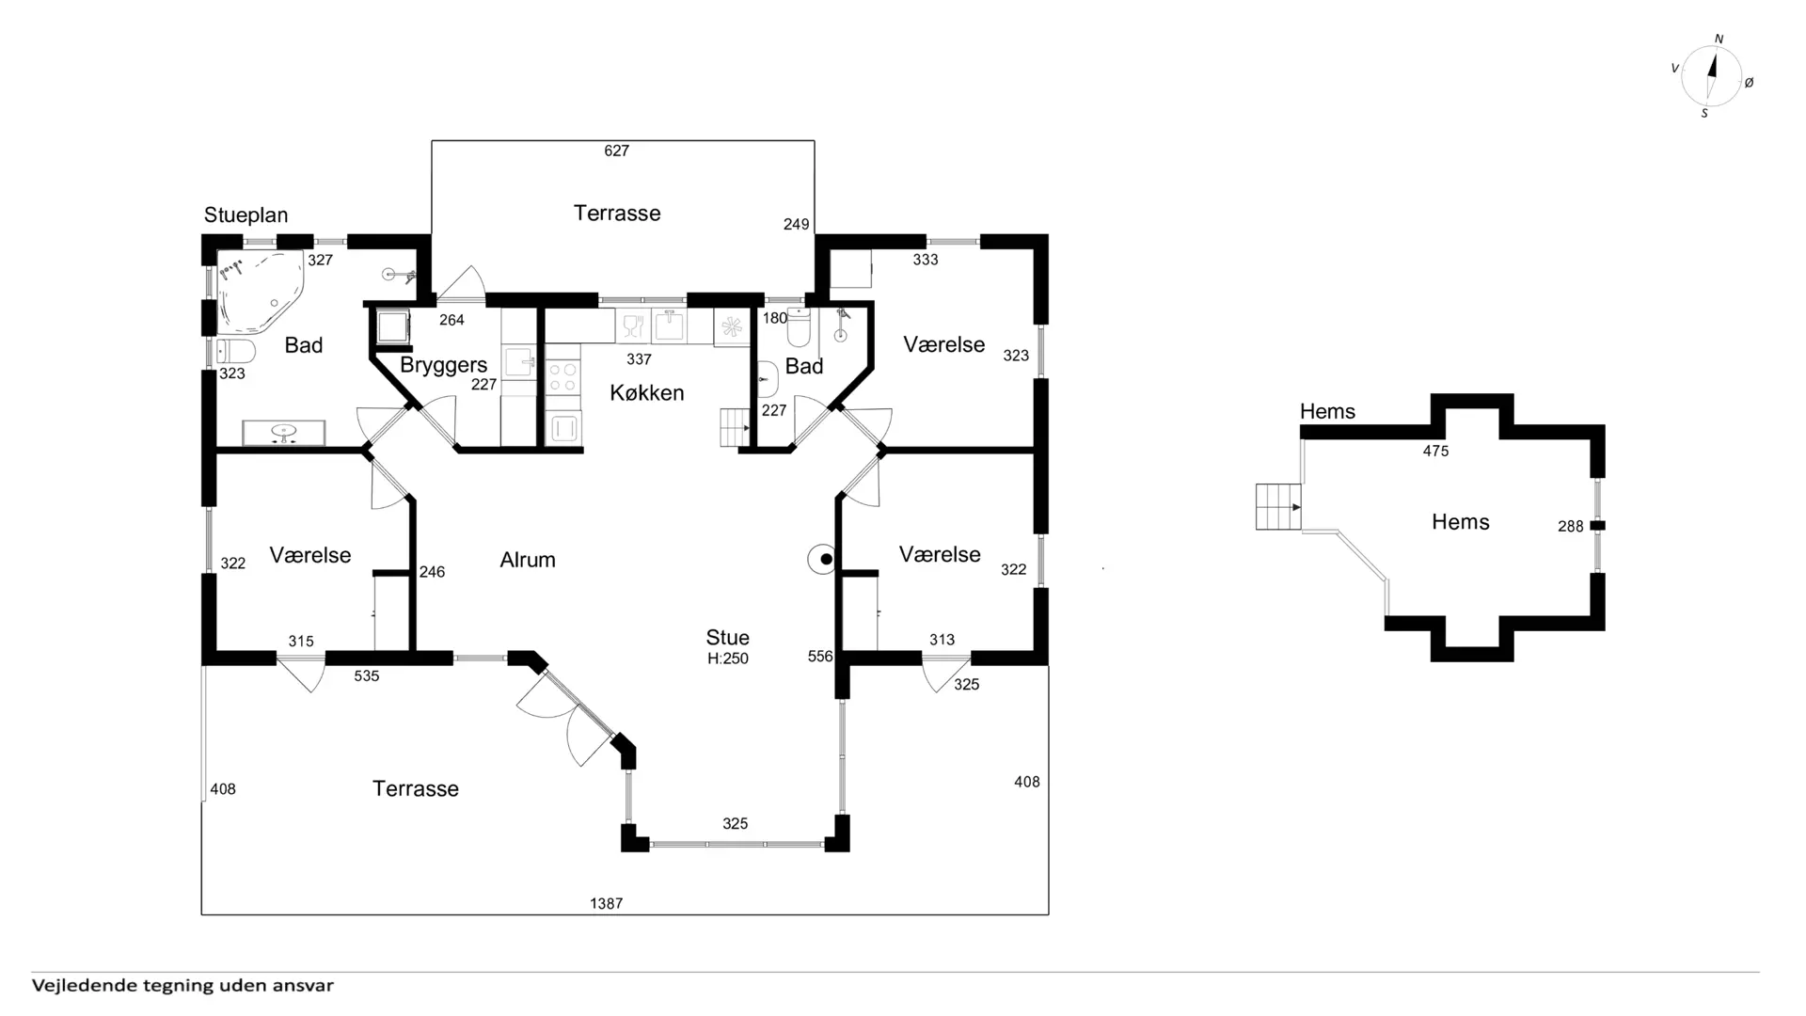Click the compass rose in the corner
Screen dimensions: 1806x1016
coord(1711,76)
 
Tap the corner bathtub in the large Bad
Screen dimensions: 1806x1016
coord(261,292)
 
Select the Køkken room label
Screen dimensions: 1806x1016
coord(646,392)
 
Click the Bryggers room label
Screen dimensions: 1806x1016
coord(443,365)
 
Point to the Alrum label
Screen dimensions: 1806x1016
coord(528,560)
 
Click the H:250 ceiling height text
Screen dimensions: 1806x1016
coord(728,659)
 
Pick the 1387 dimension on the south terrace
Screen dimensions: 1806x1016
coord(607,903)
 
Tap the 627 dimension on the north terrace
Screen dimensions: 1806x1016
coord(617,151)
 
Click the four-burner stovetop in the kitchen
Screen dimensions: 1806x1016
coord(562,377)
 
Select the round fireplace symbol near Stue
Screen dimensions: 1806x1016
coord(825,560)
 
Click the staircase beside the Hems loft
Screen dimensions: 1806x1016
coord(1278,507)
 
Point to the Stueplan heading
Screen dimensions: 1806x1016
coord(246,215)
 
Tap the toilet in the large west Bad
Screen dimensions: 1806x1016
coord(236,352)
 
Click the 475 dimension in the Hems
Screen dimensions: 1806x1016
coord(1435,451)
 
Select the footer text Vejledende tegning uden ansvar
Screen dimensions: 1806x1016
coord(182,986)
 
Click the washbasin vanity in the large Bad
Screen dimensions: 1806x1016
coord(283,433)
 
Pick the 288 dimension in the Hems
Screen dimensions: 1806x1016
coord(1571,527)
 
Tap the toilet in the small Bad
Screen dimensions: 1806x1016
coord(799,327)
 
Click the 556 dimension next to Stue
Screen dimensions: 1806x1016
coord(820,657)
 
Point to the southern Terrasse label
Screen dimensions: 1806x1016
coord(416,788)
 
